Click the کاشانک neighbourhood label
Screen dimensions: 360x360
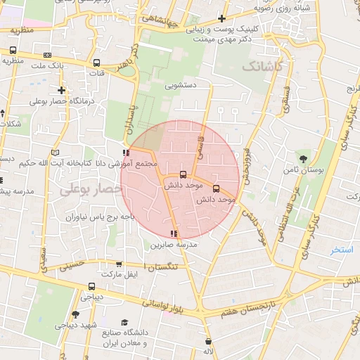pyautogui.click(x=263, y=66)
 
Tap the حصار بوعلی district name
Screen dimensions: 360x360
pyautogui.click(x=86, y=190)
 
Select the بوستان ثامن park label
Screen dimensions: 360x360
pyautogui.click(x=304, y=170)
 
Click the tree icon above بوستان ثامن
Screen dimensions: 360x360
pyautogui.click(x=303, y=159)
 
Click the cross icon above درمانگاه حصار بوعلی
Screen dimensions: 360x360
pyautogui.click(x=63, y=90)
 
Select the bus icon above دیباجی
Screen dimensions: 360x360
pyautogui.click(x=92, y=286)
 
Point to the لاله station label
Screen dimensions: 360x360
pyautogui.click(x=208, y=350)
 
